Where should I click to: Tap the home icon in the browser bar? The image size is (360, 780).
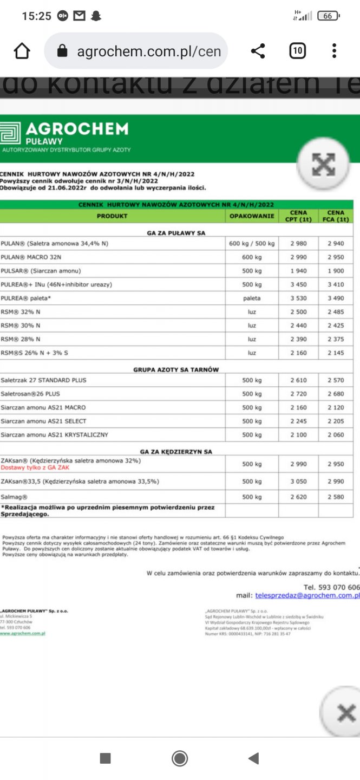(22, 51)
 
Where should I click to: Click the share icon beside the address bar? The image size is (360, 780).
(258, 51)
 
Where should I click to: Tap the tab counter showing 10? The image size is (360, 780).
(297, 51)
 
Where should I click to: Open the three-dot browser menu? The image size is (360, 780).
(334, 51)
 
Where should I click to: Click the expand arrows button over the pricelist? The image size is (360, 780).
(323, 165)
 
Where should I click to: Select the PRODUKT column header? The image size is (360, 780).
(112, 216)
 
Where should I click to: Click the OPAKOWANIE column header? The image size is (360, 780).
(252, 216)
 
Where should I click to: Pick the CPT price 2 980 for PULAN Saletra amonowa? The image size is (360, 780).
(298, 244)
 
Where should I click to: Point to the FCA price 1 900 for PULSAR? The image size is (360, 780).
(336, 271)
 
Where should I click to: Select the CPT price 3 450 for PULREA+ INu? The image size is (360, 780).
(298, 284)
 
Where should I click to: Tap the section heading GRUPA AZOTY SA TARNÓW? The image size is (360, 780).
(176, 369)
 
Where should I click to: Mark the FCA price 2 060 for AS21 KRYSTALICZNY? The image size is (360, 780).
(336, 435)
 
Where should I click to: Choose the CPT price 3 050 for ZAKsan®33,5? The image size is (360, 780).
(298, 482)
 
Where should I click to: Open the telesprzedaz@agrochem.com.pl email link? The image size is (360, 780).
(307, 595)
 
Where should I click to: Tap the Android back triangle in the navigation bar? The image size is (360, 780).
(253, 758)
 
